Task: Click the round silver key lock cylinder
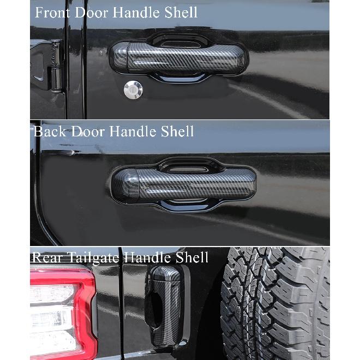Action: (133, 91)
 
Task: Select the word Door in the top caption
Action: (92, 12)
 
